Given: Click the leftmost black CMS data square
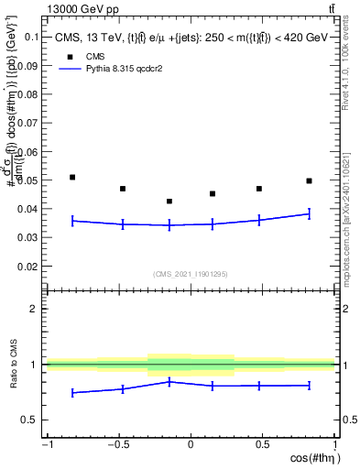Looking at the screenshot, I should click(72, 177).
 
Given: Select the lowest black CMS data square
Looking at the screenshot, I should click(169, 202).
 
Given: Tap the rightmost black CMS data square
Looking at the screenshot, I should click(309, 181).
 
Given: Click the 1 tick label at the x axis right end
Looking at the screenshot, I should click(333, 445).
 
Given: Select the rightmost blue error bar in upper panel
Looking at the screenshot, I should click(309, 214).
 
